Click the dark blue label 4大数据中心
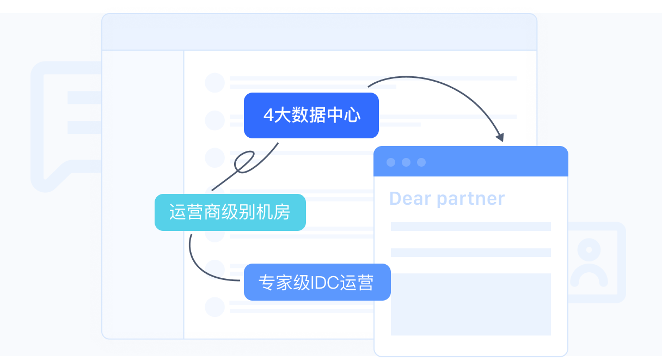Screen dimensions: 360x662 coord(311,115)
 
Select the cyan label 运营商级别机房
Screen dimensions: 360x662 coord(230,212)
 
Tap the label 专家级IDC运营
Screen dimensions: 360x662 coord(317,282)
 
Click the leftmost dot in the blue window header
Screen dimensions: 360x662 coord(391,162)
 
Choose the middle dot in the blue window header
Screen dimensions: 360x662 coord(406,162)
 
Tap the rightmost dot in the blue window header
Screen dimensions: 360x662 coord(421,162)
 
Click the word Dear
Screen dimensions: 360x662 coord(410,198)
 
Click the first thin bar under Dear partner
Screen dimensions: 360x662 coord(471,227)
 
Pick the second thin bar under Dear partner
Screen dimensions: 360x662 coord(471,253)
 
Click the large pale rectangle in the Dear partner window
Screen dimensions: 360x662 coord(471,304)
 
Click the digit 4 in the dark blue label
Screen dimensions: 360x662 coord(268,115)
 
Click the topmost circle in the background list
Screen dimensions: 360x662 coord(214,83)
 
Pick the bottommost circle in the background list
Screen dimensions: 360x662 coord(214,307)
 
